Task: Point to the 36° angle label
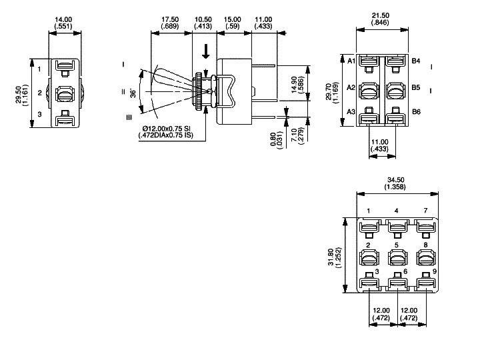pos(133,93)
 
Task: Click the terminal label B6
pos(415,112)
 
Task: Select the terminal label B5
pos(415,87)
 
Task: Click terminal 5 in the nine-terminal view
pos(397,246)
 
